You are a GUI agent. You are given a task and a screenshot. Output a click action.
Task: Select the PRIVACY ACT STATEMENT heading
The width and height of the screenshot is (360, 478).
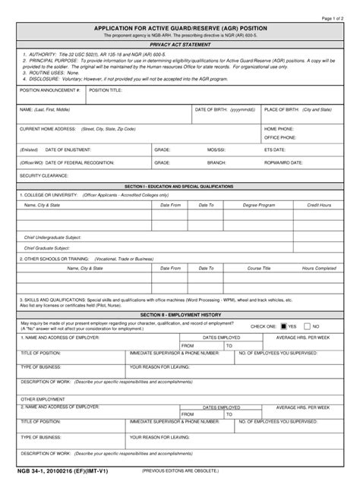[x=180, y=46]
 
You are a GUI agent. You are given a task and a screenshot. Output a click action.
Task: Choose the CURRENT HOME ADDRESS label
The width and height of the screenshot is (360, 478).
[x=48, y=129]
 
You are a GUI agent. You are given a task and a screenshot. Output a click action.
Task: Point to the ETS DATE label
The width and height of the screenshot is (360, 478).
[x=275, y=150]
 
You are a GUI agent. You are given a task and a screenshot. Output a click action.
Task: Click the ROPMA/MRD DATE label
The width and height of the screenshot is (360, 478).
[x=283, y=162]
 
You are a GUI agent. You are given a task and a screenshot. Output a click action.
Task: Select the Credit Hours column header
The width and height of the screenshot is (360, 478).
[x=318, y=205]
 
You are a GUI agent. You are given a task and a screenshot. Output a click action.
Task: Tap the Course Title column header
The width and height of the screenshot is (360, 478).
[x=259, y=268]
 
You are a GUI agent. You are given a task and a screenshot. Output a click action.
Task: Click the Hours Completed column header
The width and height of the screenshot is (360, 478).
[x=319, y=268]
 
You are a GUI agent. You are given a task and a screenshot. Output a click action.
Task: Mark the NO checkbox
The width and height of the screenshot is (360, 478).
[x=308, y=325]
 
